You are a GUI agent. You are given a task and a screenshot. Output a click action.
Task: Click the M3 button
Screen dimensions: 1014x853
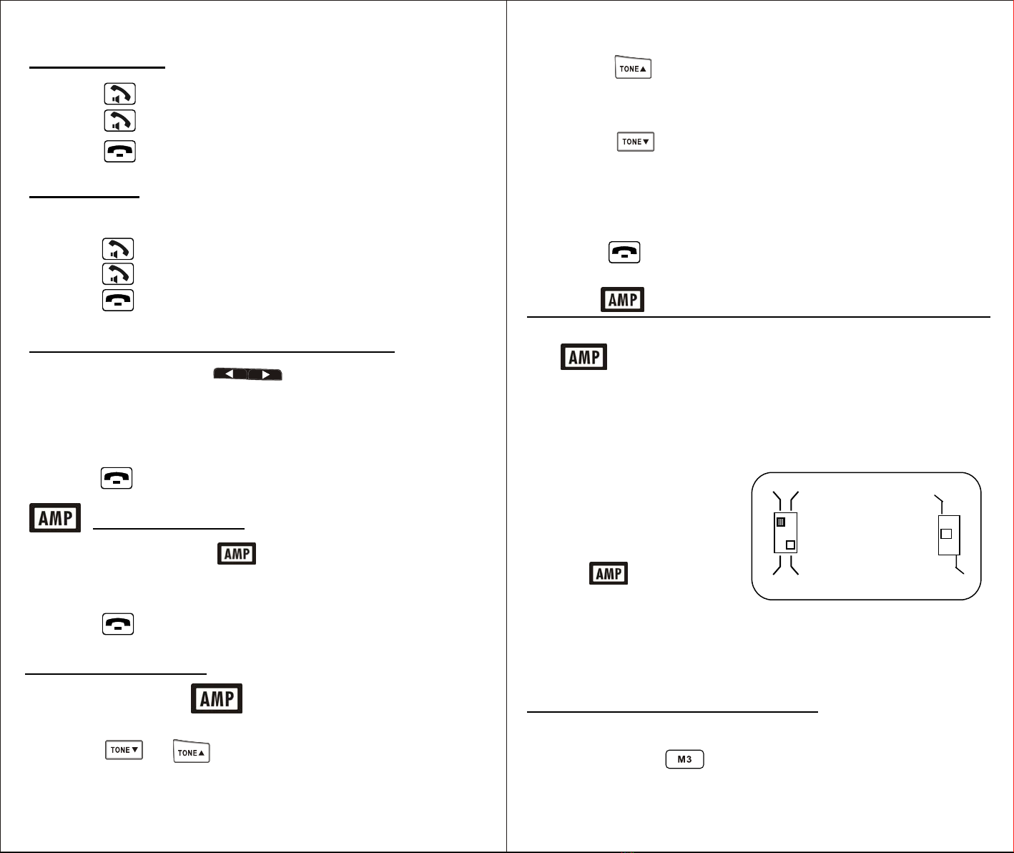tap(684, 759)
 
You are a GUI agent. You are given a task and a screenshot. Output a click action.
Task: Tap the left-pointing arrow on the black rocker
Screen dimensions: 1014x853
tap(230, 374)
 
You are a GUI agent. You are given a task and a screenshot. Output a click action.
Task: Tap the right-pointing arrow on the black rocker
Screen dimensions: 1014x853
tap(265, 374)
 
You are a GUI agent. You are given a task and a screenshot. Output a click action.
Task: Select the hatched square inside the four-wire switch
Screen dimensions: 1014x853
tap(780, 522)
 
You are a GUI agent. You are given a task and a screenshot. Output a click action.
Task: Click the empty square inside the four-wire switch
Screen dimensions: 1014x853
tap(790, 545)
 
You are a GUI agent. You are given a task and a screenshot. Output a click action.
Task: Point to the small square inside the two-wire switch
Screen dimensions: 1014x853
tap(946, 534)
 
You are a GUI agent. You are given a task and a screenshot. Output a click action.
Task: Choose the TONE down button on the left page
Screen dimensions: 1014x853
tap(124, 749)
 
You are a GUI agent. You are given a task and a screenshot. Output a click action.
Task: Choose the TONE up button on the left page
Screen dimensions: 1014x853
tap(192, 751)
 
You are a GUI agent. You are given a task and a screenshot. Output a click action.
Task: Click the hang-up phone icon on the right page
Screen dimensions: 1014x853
tap(624, 253)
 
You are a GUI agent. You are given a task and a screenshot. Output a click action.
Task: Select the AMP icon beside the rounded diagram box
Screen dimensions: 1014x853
tap(608, 573)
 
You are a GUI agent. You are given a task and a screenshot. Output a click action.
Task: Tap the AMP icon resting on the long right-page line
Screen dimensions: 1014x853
tap(622, 299)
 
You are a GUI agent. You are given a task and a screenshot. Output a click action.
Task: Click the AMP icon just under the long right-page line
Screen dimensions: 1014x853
tap(584, 357)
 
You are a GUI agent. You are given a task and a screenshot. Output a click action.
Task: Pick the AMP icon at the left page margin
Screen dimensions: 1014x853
tap(55, 517)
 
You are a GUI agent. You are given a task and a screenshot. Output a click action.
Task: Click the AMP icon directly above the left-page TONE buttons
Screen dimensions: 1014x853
tap(217, 698)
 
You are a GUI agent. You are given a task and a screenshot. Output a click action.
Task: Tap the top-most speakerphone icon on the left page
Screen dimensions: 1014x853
tap(120, 94)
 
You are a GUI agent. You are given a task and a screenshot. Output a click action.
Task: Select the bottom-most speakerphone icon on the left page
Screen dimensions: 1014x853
tap(118, 274)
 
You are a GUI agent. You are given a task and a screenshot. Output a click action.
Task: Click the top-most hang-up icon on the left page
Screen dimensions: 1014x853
tap(120, 151)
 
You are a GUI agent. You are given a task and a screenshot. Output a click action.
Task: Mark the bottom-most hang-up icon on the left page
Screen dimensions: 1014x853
tap(118, 624)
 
